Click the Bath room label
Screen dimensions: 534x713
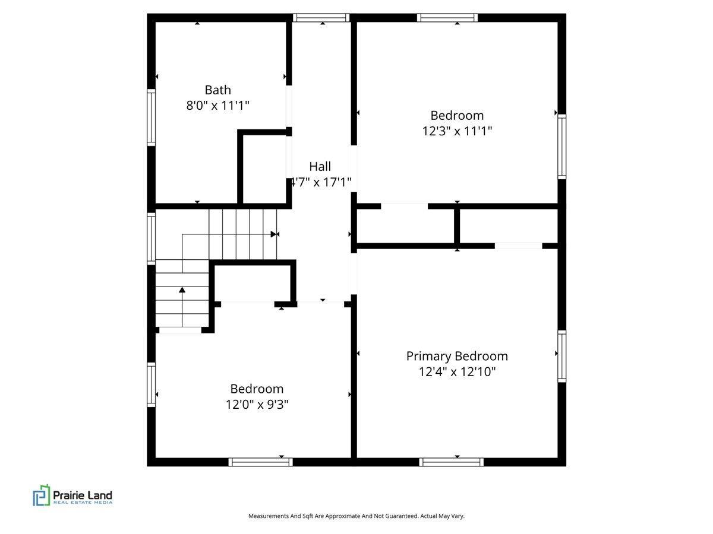point(217,90)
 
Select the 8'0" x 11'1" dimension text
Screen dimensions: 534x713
point(217,106)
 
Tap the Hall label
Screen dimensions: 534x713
point(320,167)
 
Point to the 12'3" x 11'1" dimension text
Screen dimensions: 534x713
point(457,131)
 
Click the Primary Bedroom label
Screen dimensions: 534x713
point(457,356)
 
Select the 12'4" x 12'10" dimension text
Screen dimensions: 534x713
point(457,372)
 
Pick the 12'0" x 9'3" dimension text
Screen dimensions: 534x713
point(257,405)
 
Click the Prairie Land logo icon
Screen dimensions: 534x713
point(41,495)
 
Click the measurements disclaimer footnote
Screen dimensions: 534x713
point(356,516)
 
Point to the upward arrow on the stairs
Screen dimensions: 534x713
point(182,290)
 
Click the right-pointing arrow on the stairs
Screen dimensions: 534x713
point(274,234)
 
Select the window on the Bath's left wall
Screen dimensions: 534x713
point(151,117)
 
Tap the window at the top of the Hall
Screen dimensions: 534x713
point(321,18)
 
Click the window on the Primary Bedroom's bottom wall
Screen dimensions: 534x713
point(451,462)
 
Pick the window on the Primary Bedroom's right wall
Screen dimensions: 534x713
point(561,356)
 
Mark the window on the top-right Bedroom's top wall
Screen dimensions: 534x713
point(447,18)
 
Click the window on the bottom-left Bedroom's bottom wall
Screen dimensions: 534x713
point(261,462)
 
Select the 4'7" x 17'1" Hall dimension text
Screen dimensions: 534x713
point(321,182)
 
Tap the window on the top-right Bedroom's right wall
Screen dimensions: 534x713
point(561,147)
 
